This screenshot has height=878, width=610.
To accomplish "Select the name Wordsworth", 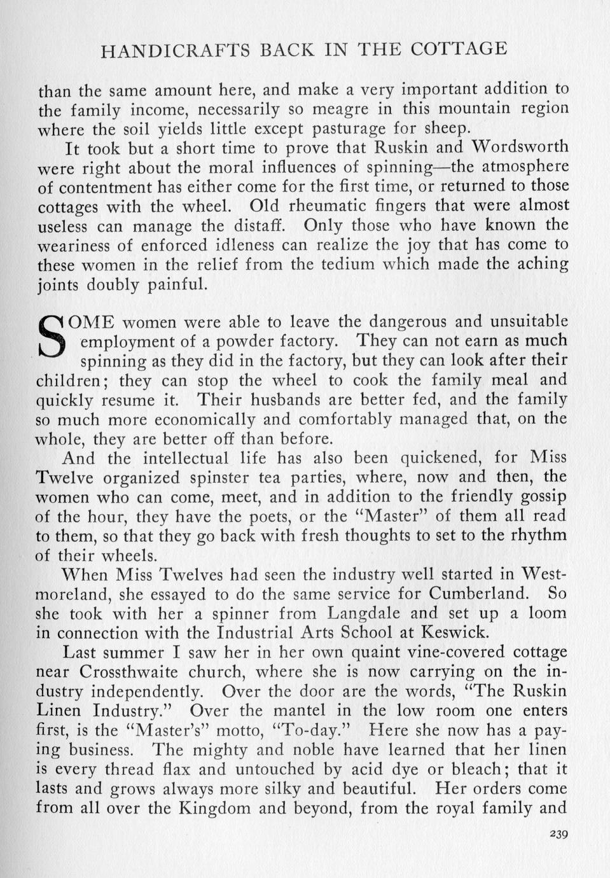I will point(520,147).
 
